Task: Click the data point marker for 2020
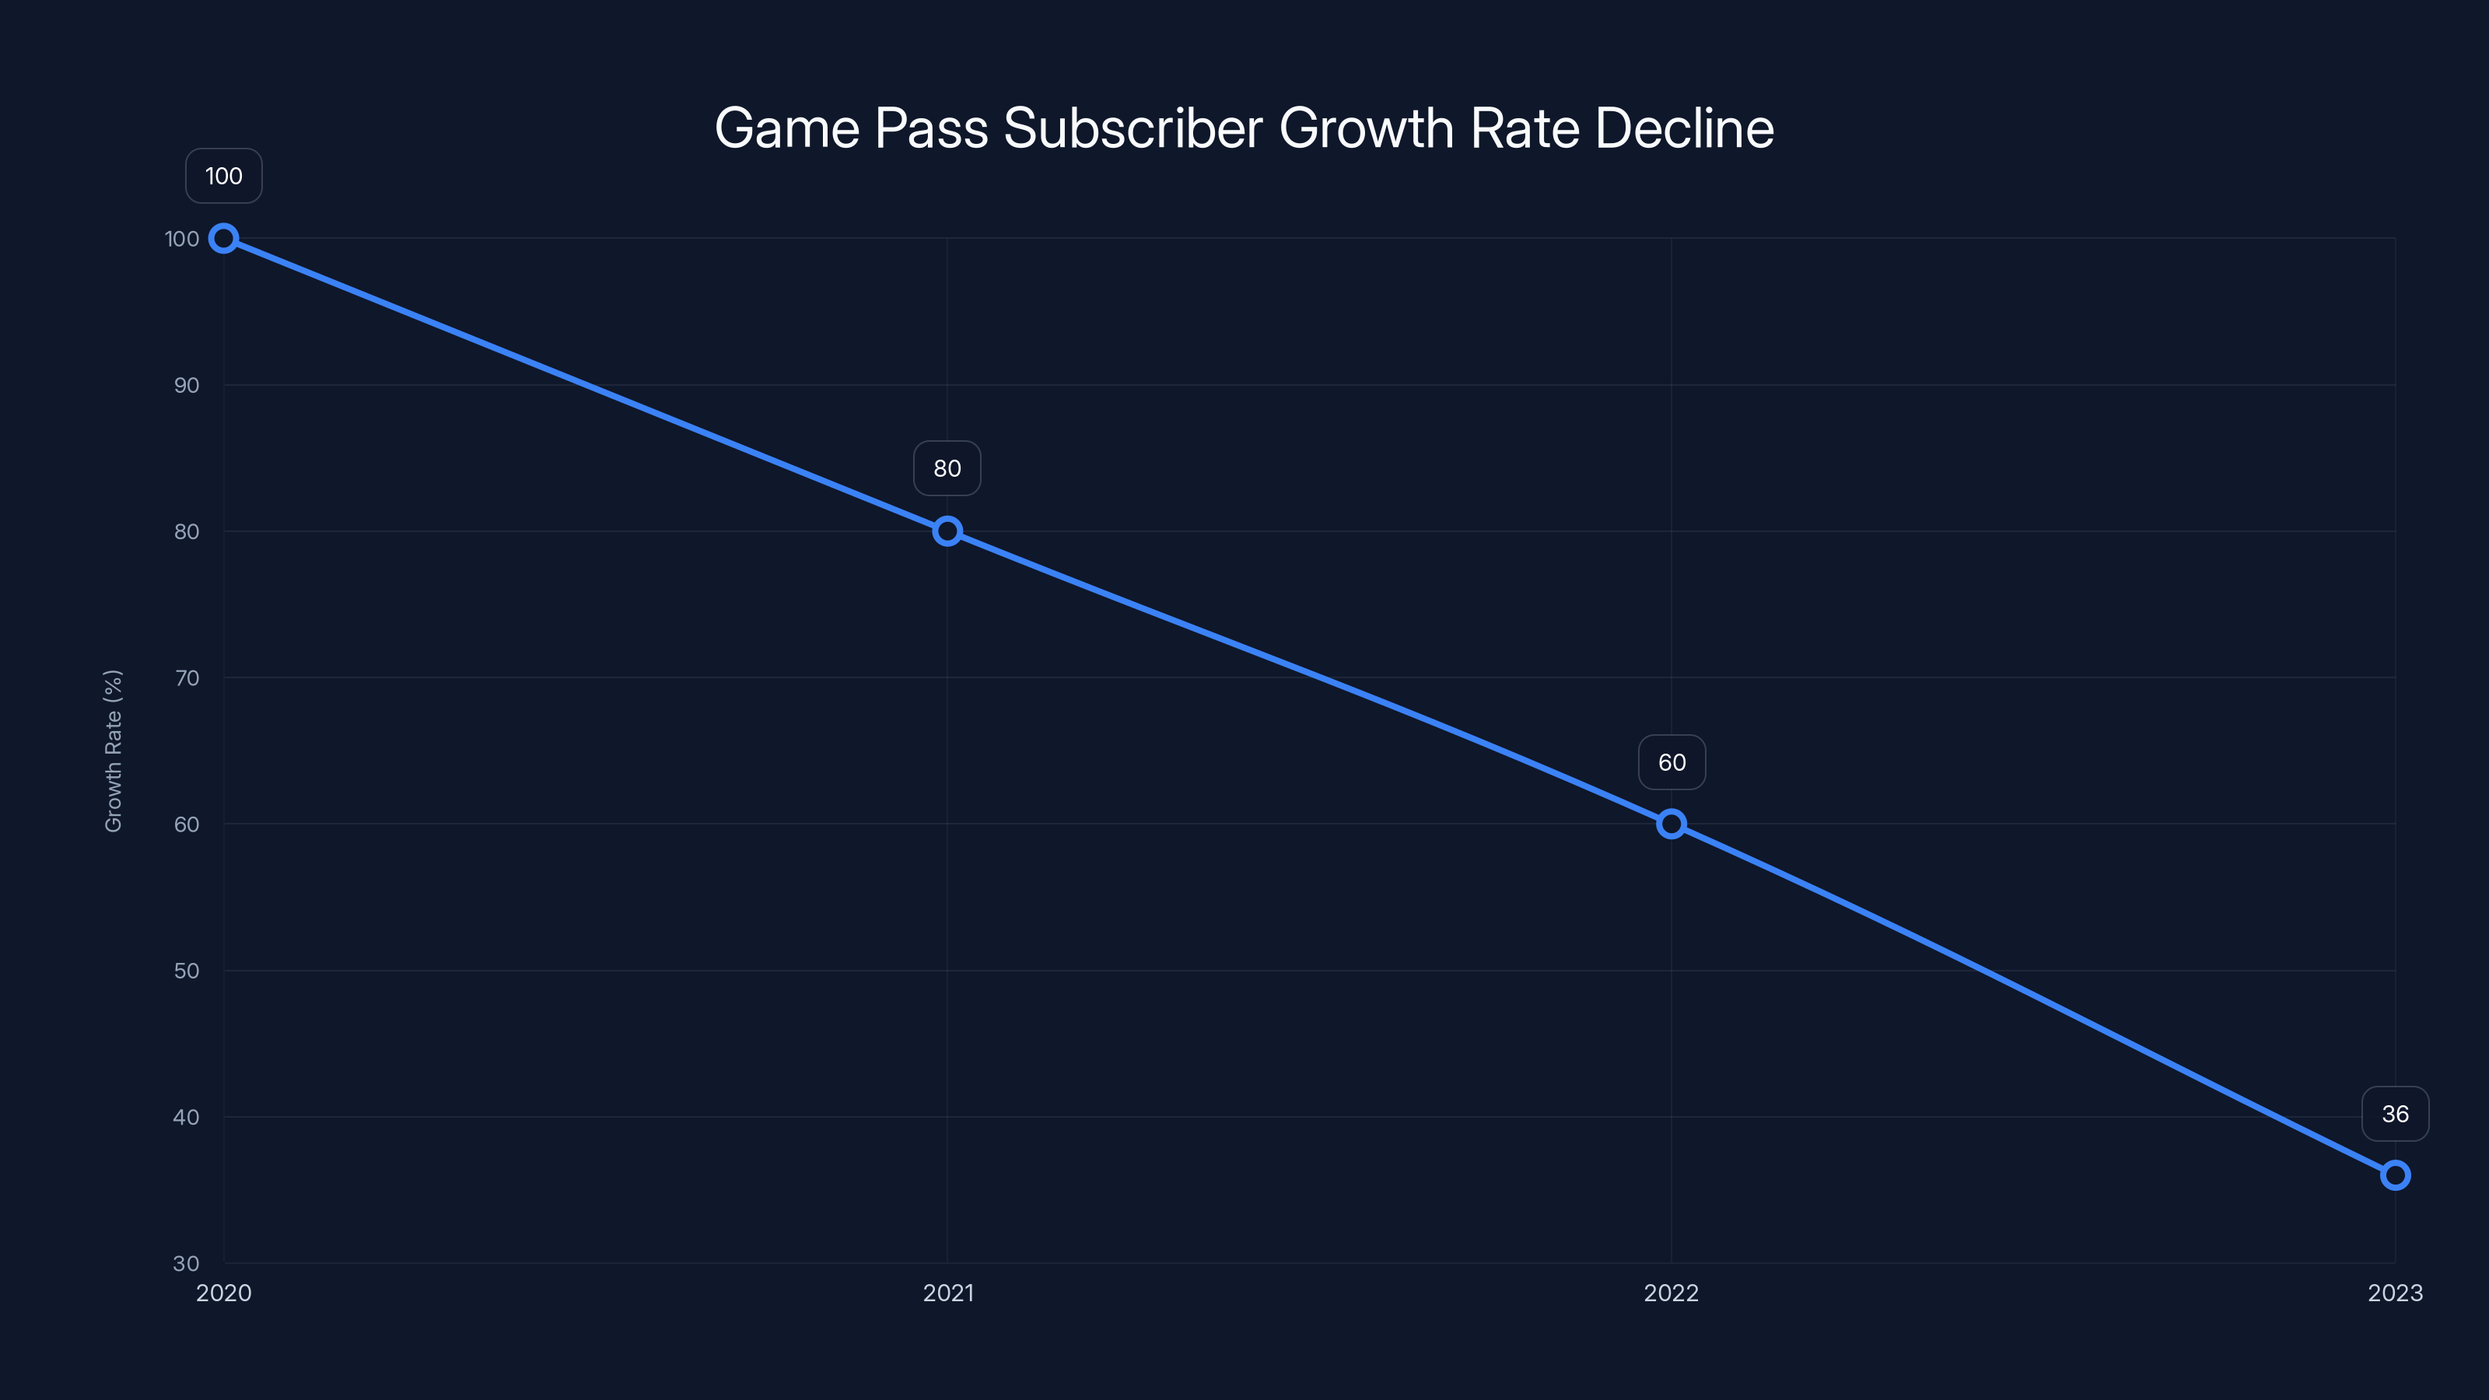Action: [223, 239]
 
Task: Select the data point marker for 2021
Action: [947, 531]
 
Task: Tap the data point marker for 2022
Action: [1671, 824]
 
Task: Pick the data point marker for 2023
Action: [2394, 1175]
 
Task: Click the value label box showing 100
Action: [223, 176]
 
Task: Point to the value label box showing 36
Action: [2394, 1114]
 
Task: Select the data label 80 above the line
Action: [947, 468]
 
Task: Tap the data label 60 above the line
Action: [1672, 762]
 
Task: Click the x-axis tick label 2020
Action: [223, 1293]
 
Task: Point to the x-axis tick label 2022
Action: [1671, 1293]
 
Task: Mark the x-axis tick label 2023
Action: [2394, 1293]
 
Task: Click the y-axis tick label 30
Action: [187, 1263]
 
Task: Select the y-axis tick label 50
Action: [187, 970]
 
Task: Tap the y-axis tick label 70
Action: [187, 678]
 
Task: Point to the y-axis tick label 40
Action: [187, 1117]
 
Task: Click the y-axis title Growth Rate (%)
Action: [113, 751]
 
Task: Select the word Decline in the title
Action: [1684, 128]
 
